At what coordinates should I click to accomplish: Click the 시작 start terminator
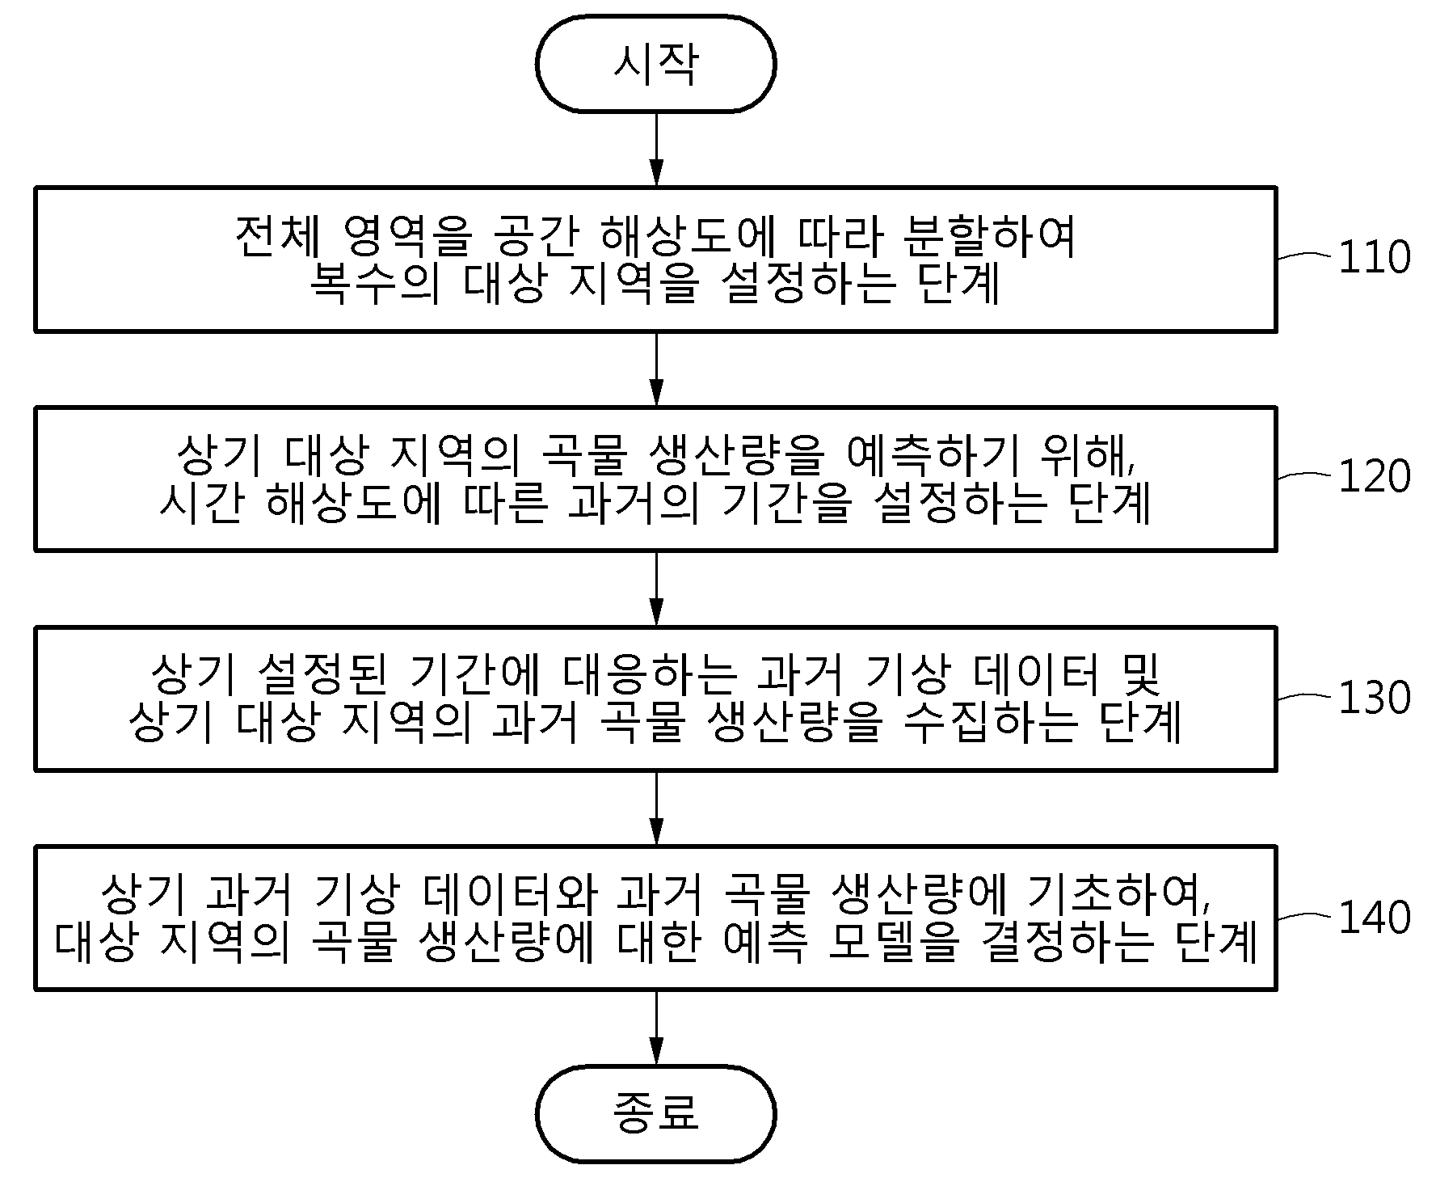655,64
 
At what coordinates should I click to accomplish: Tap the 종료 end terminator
655,1113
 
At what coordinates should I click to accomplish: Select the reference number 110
1375,257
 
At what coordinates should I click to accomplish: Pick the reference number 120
1375,476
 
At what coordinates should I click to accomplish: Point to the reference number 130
1375,697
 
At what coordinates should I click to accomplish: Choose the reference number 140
1375,917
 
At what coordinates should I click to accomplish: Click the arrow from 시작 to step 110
655,150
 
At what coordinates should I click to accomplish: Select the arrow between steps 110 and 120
655,369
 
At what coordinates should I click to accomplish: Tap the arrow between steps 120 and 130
655,589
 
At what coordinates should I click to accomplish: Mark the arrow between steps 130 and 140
655,808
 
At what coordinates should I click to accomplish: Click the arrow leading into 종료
655,1028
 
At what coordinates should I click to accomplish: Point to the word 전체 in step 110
278,236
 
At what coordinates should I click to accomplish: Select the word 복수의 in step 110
375,284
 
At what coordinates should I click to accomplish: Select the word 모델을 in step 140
899,942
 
